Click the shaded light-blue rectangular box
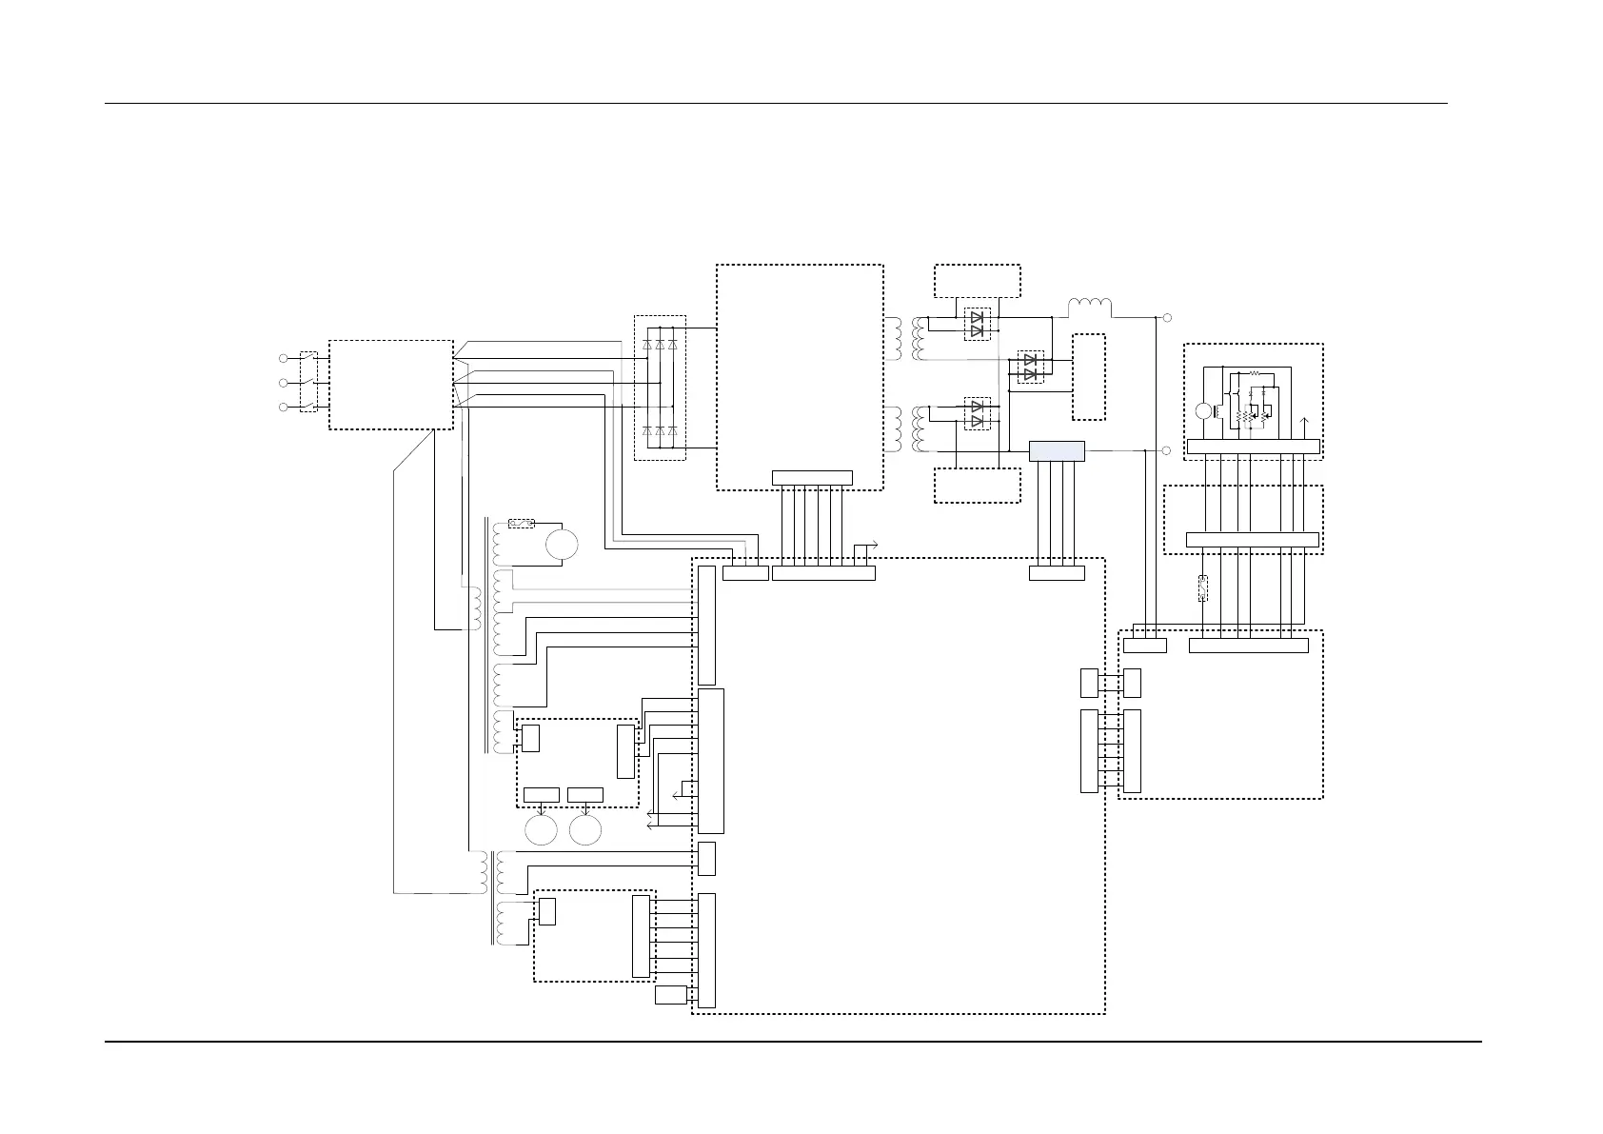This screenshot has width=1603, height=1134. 1057,450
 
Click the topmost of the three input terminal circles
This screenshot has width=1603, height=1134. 283,358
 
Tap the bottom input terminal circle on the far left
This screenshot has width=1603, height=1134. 283,408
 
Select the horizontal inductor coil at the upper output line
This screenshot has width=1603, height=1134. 1089,308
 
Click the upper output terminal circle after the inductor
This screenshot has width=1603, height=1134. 1167,317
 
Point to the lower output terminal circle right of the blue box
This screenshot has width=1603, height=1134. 1167,450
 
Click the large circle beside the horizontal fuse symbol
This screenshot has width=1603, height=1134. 561,544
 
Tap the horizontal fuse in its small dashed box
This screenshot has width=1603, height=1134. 522,523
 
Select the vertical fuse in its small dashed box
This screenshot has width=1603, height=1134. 1203,588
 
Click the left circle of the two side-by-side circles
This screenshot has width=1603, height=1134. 540,829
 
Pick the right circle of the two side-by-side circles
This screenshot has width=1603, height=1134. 585,829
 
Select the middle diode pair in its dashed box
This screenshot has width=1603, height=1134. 1028,367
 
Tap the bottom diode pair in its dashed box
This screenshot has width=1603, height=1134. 977,413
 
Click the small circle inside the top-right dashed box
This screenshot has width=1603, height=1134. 1202,410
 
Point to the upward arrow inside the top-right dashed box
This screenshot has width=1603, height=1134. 1305,425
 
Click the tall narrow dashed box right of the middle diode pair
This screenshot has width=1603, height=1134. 1089,377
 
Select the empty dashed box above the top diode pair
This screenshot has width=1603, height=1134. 978,281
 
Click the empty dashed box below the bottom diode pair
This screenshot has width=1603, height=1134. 978,486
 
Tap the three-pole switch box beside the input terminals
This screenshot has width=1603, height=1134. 308,382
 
